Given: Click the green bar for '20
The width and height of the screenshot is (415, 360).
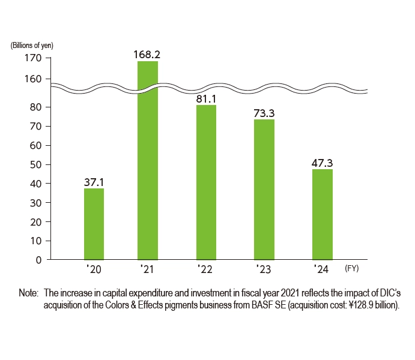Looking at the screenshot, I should click(94, 224).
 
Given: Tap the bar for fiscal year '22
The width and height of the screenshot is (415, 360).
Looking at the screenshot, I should click(206, 182).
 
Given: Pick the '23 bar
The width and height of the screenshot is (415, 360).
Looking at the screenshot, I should click(264, 190).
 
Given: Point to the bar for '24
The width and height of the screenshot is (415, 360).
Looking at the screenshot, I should click(323, 214).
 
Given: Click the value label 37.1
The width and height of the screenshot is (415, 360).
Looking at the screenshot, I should click(94, 182).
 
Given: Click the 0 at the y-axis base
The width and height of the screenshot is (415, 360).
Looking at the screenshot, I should click(37, 260).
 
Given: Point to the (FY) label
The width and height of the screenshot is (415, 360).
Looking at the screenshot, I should click(352, 269).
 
